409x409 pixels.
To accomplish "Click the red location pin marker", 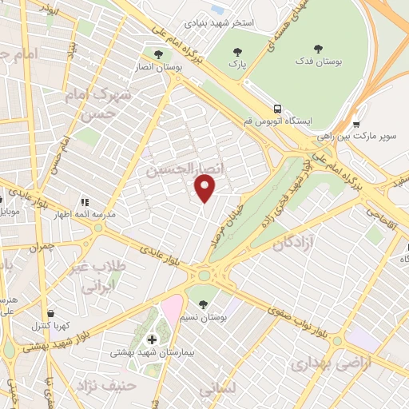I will coord(206,189).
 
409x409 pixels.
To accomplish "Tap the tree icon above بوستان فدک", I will coord(319,49).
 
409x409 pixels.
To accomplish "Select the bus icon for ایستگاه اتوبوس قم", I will coord(276,109).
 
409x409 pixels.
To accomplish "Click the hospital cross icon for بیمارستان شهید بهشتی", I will coord(152,339).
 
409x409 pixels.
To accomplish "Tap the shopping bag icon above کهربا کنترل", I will coord(52,313).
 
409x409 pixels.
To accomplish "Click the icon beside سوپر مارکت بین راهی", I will coord(355,125).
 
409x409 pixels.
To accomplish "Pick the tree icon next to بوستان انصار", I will coord(158,55).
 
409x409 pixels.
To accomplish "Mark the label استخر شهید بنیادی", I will coord(220,22).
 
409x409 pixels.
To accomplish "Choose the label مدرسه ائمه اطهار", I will coord(62,215).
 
